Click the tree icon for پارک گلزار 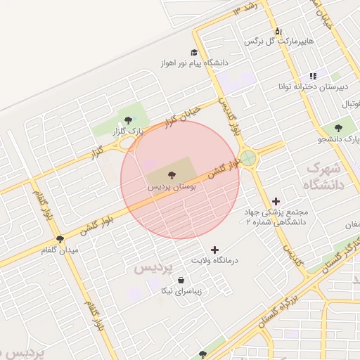coord(127,120)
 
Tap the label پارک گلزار coord(129,131)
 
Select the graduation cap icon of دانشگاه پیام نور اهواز coord(194,52)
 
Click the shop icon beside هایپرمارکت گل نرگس coord(278,31)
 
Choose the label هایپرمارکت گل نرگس coord(278,41)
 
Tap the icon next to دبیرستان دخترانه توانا coord(313,76)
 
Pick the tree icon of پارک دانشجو coord(338,128)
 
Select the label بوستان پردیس coord(172,188)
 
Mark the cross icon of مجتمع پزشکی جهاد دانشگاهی coord(275,201)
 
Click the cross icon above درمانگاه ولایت coord(214,249)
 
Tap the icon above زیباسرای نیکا coord(181,280)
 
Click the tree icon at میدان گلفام coord(60,239)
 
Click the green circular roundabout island coord(248,157)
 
